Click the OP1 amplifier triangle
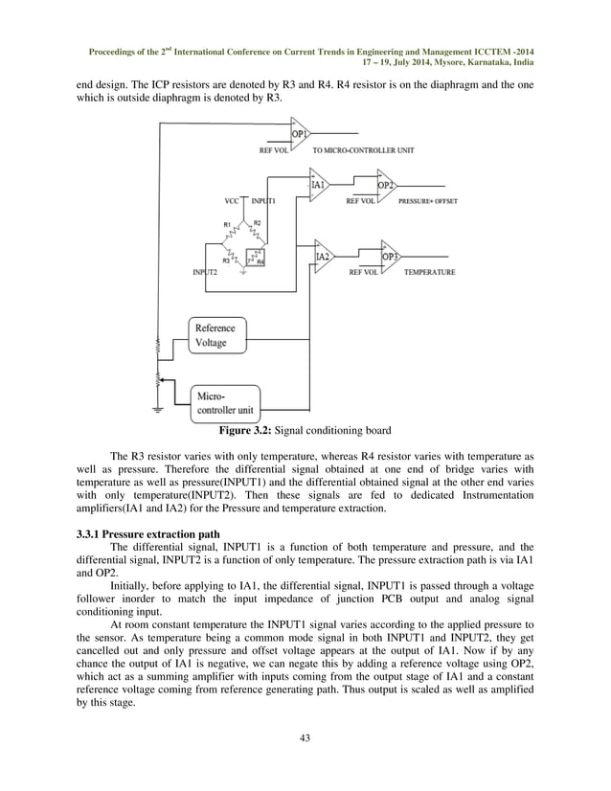pos(300,135)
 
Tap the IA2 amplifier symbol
pos(323,258)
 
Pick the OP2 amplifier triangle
pos(386,185)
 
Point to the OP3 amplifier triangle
pos(390,258)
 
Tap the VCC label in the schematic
pos(231,202)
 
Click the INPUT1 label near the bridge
pos(263,202)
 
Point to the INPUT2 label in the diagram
pos(205,273)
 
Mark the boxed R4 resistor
pos(257,259)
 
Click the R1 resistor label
pos(227,224)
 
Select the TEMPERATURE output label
pos(429,273)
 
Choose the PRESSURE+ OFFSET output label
pos(427,202)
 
